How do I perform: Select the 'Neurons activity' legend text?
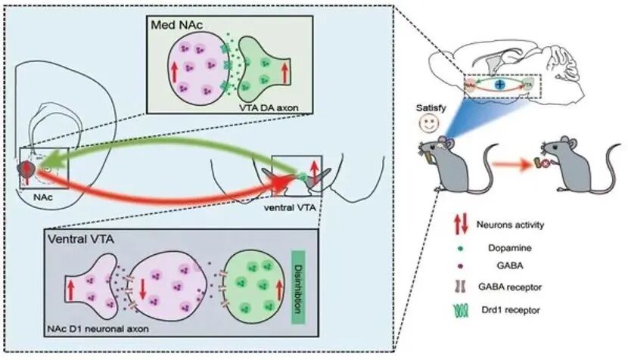tap(520, 225)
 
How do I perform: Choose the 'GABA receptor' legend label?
tap(521, 289)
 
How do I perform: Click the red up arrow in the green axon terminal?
tap(284, 73)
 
